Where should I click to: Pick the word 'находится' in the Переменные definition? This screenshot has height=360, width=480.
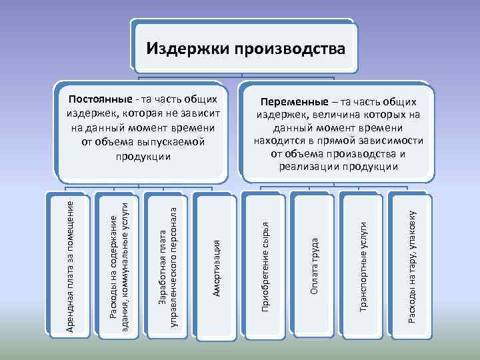coord(277,141)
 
